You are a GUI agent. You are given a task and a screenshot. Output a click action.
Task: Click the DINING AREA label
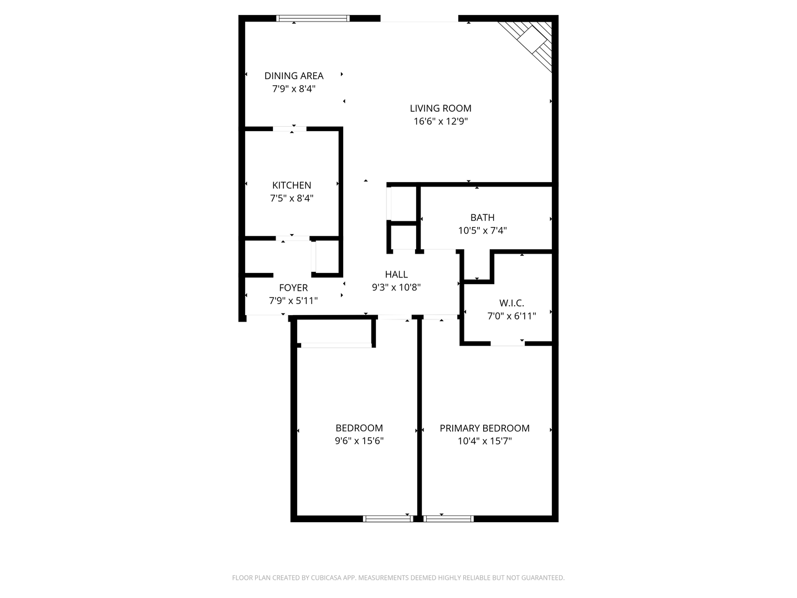click(x=293, y=76)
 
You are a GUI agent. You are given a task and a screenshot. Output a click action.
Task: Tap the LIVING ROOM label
click(x=441, y=109)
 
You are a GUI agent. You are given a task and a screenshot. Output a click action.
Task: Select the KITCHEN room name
click(x=292, y=185)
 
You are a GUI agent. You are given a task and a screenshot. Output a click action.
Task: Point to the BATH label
click(x=482, y=218)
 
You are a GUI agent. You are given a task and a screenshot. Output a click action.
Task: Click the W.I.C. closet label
click(x=511, y=303)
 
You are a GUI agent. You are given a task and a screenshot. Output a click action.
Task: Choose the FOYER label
click(x=293, y=288)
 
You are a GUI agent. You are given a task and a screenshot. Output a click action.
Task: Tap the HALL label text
click(x=396, y=274)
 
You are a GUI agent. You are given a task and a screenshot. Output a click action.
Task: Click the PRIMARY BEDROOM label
click(x=484, y=428)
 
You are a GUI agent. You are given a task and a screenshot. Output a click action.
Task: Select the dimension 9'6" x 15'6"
click(x=359, y=441)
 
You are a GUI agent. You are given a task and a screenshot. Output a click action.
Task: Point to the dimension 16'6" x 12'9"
click(x=441, y=122)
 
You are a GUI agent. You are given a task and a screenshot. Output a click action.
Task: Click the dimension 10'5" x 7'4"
click(x=482, y=231)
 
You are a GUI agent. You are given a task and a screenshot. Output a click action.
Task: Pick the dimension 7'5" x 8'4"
click(x=292, y=198)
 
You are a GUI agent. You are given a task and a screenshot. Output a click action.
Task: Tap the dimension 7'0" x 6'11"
click(x=511, y=316)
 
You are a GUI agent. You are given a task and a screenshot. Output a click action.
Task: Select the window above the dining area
click(x=313, y=18)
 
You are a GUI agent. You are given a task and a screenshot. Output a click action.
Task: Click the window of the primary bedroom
click(x=448, y=519)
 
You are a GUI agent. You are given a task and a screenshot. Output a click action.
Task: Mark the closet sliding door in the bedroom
click(x=336, y=346)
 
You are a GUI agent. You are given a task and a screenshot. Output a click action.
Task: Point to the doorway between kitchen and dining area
click(x=289, y=129)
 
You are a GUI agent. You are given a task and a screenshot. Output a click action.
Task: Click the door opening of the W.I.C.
click(x=508, y=344)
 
